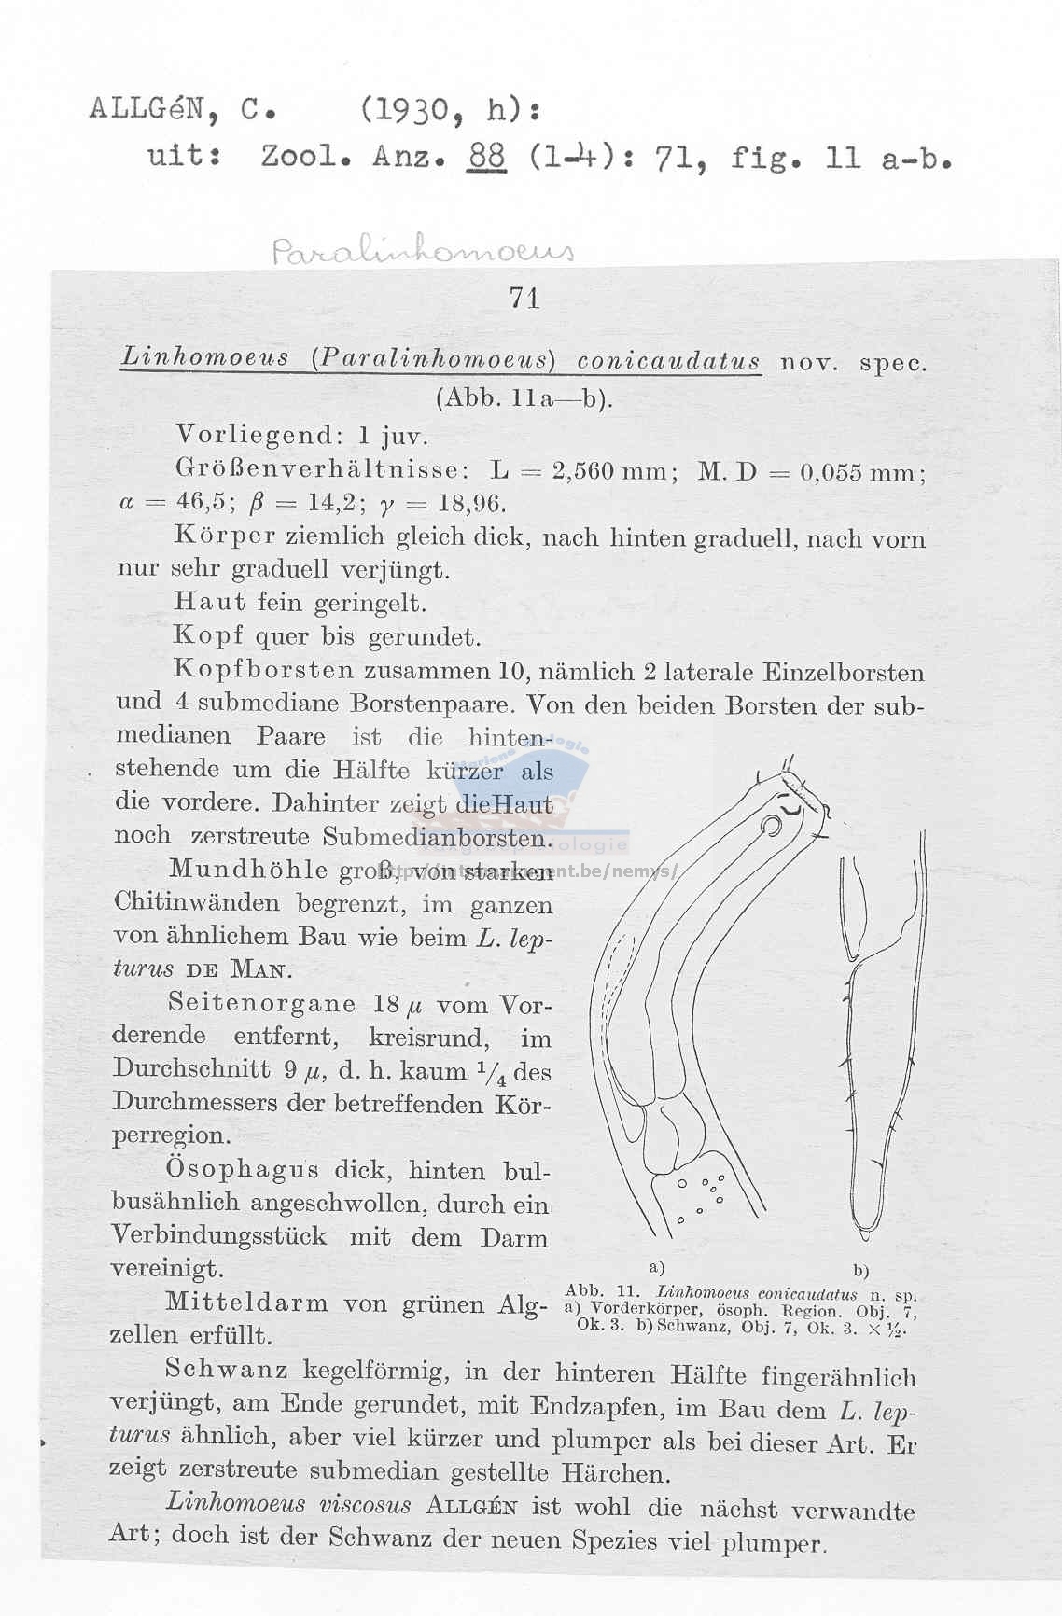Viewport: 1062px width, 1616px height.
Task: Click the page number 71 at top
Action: [524, 298]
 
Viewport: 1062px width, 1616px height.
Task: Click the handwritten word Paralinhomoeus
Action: [423, 251]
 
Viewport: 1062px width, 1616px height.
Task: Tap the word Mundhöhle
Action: [248, 870]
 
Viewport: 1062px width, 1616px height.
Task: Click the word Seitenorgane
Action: [262, 1004]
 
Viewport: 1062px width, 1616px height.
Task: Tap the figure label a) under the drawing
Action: [657, 1268]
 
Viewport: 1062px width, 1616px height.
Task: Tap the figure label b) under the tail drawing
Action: [860, 1270]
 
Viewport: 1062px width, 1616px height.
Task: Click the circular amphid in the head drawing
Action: [773, 827]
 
